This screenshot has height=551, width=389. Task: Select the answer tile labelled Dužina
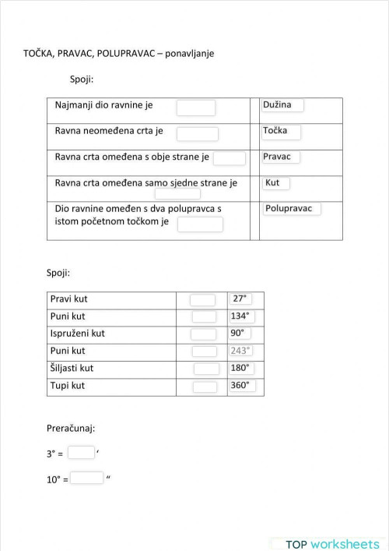coord(282,105)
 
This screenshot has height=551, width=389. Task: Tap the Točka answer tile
coord(280,131)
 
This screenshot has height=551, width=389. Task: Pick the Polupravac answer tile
coord(292,209)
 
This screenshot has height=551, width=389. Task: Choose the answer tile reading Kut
coord(275,183)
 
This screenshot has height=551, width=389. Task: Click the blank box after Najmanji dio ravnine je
coord(196,108)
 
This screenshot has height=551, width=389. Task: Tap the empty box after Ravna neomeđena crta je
coord(198,134)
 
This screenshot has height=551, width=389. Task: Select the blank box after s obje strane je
coord(230,158)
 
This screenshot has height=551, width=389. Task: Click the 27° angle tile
coord(240,298)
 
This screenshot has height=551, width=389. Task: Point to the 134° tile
coord(241,316)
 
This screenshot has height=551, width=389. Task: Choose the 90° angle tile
coord(239,334)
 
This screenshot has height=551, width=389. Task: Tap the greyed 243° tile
coord(241,351)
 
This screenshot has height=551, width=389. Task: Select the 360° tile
coord(241,386)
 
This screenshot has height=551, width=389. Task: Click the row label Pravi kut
coord(68,299)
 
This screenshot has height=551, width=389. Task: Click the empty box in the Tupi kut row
coord(205,387)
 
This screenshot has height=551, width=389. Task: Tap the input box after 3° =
coord(81,452)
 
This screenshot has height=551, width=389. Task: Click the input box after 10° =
coord(87,478)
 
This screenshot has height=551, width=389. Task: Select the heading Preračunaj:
coord(71,428)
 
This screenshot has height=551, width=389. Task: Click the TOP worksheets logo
coord(331,543)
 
